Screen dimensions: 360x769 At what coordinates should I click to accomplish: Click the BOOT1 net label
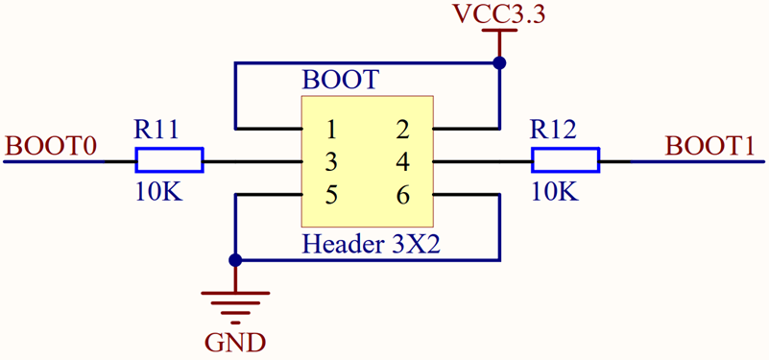click(x=709, y=146)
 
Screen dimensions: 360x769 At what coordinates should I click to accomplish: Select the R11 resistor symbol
click(x=169, y=160)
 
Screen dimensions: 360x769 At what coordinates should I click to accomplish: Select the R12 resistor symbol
click(x=565, y=160)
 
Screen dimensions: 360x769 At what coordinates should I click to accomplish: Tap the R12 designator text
click(x=554, y=130)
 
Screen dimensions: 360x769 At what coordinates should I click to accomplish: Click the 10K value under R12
click(x=554, y=192)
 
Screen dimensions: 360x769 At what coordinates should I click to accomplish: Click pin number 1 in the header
click(x=330, y=129)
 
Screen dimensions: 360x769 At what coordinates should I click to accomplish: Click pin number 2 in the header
click(x=402, y=129)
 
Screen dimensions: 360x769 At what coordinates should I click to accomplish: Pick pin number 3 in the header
click(x=330, y=161)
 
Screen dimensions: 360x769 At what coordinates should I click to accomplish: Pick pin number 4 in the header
click(x=402, y=161)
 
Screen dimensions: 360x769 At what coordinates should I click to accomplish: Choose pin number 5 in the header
click(x=330, y=195)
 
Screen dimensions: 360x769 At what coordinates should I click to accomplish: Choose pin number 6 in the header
click(x=402, y=195)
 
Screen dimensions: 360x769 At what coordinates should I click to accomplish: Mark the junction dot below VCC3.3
click(x=498, y=63)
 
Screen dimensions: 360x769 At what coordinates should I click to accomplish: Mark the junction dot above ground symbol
click(x=235, y=260)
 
